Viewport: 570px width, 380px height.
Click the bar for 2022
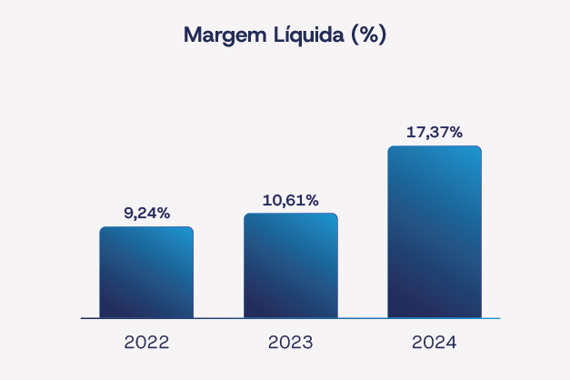[146, 273]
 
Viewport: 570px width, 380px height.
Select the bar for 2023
[290, 265]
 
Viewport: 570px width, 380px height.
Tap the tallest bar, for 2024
[434, 232]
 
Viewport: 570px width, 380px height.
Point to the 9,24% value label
[146, 214]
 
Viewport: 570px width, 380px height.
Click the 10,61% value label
[290, 200]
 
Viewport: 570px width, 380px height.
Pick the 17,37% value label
[434, 133]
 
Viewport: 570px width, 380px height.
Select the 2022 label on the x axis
[146, 343]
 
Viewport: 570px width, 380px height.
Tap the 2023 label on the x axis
[290, 343]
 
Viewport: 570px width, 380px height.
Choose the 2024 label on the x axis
[434, 343]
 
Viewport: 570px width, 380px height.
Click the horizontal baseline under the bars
[290, 318]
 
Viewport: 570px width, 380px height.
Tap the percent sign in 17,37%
[455, 133]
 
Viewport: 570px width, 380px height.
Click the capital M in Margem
[192, 35]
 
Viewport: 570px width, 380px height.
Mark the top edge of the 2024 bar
[434, 146]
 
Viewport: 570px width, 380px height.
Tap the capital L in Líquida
[276, 35]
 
